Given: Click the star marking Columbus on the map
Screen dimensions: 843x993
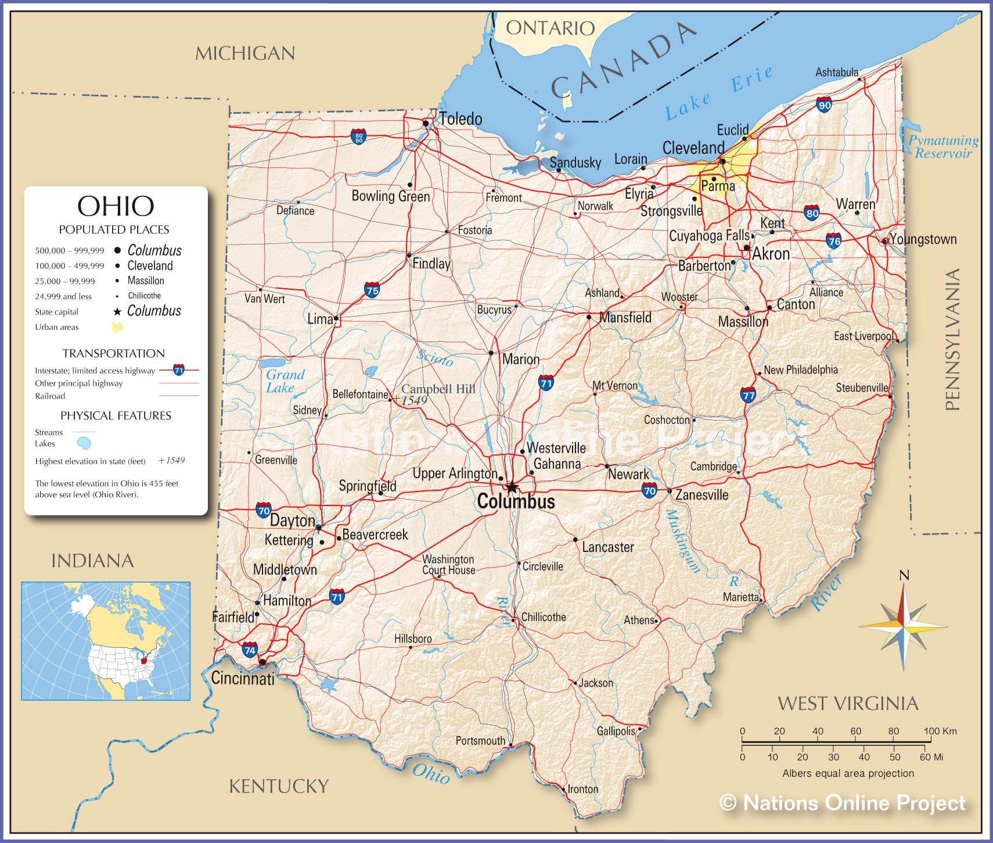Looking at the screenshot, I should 512,487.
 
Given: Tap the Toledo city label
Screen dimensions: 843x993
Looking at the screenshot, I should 460,119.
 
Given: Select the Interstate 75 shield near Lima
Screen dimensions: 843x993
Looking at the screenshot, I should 372,290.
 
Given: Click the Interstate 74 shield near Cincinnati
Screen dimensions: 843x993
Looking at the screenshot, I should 250,650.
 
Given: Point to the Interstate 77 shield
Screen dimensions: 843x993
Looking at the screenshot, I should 749,396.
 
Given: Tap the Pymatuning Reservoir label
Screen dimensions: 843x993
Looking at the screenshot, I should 943,147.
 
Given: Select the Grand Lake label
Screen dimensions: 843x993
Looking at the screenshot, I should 285,381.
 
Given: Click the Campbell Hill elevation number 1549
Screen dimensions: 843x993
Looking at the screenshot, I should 414,400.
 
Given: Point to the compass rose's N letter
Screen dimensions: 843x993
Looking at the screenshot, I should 904,576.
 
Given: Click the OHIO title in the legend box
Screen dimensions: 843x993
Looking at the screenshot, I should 116,206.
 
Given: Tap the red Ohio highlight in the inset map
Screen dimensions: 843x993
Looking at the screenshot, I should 144,661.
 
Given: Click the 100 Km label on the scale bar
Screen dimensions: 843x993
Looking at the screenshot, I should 940,731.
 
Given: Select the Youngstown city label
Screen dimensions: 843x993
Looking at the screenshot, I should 923,239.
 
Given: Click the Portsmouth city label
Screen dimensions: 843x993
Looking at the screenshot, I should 480,741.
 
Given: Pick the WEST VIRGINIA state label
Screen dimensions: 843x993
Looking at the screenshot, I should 848,704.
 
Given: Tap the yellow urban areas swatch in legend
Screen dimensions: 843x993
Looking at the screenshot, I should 117,327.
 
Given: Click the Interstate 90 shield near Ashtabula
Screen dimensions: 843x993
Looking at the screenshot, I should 824,105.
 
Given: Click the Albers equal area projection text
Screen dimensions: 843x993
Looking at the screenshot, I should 848,773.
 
